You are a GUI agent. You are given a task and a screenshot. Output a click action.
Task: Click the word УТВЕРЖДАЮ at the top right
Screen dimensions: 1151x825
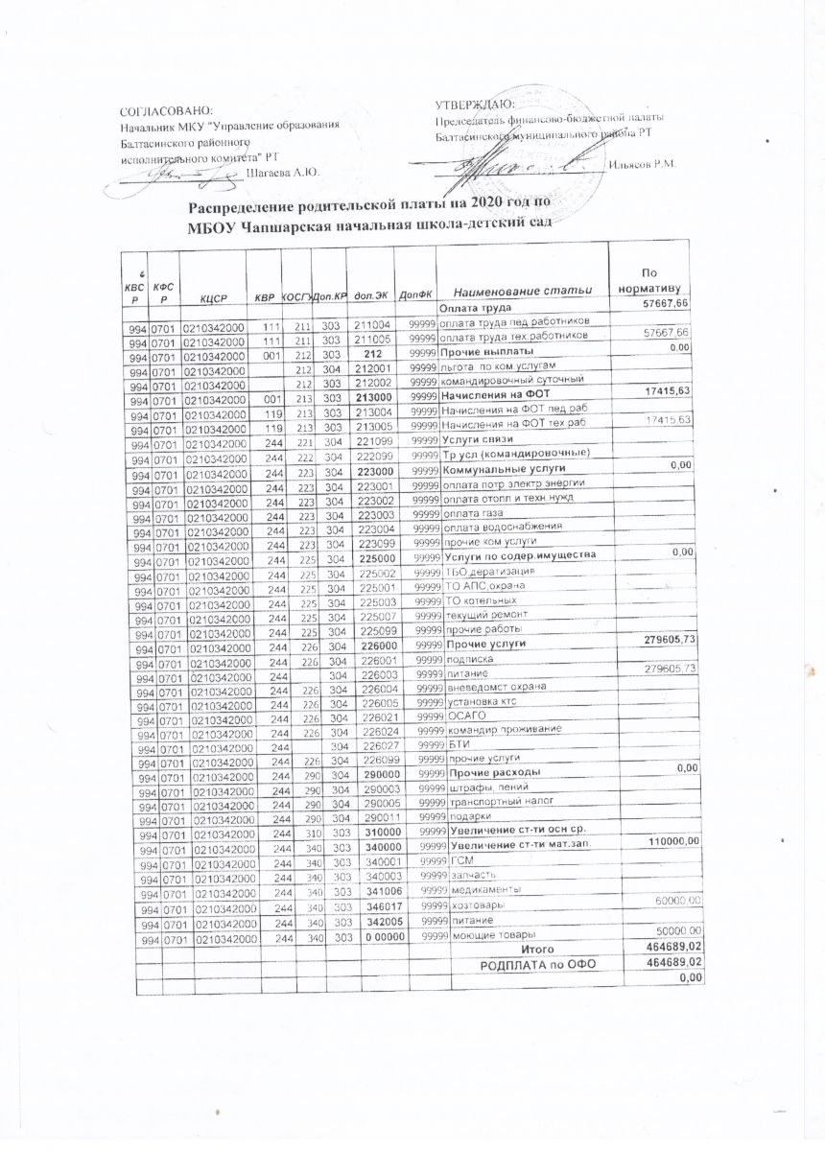point(474,104)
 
